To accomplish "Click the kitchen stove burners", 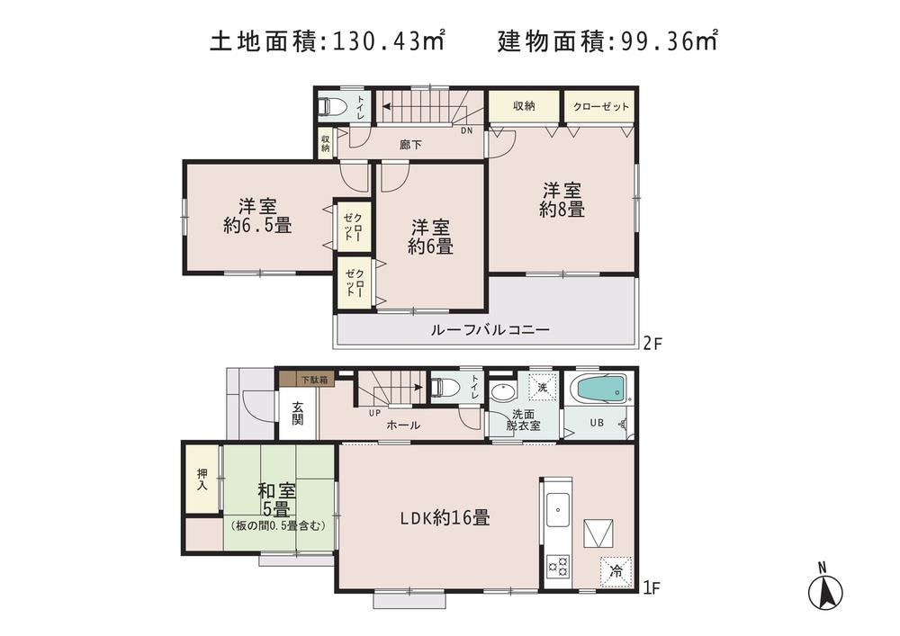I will pos(558,566).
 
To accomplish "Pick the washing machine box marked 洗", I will pos(541,388).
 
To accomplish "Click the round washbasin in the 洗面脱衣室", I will pos(502,391).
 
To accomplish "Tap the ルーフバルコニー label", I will pos(490,330).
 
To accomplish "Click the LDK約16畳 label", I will pos(445,518).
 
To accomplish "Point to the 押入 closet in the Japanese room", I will pos(202,479).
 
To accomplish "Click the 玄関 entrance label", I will pos(298,413).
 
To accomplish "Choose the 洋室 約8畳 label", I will pos(562,201).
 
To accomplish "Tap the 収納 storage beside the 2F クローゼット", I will pos(524,106).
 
